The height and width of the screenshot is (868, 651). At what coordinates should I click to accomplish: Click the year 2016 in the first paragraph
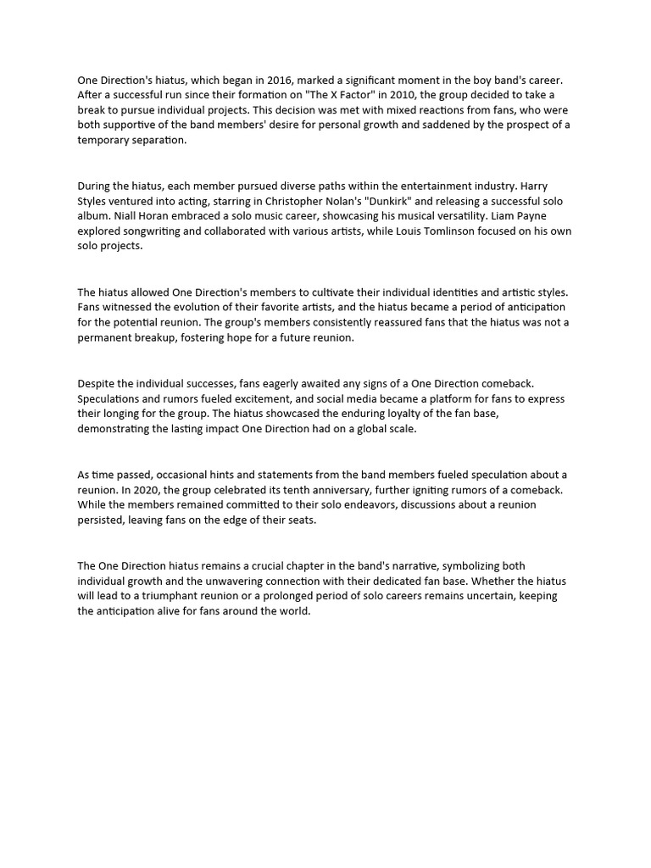click(277, 81)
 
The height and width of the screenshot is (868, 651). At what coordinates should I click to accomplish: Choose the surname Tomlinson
click(465, 231)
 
